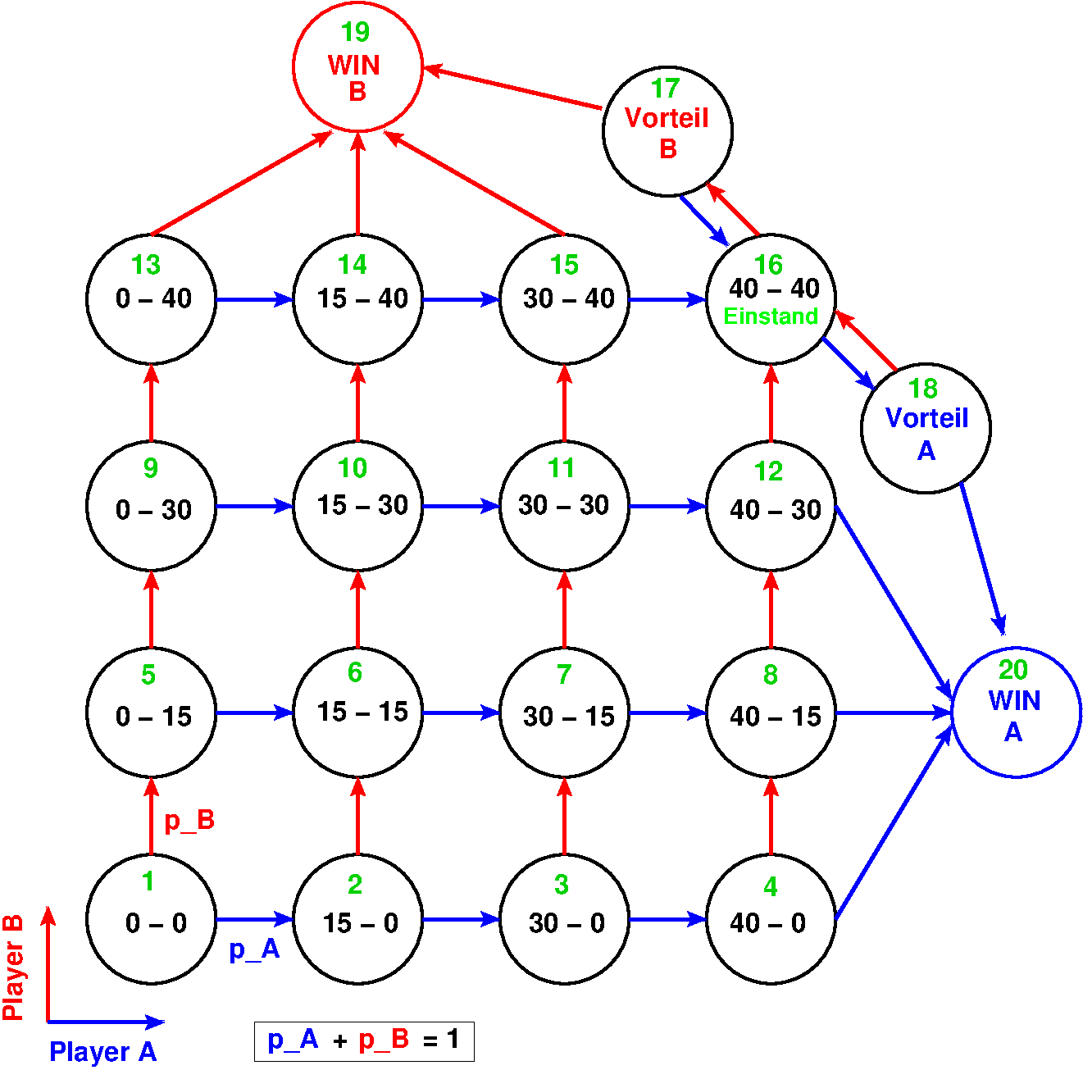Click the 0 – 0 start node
point(152,919)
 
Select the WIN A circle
point(1016,713)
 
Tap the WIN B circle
point(357,66)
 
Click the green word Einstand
point(771,316)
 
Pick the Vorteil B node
point(667,131)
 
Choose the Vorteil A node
point(926,428)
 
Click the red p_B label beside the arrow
point(189,821)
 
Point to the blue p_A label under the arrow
point(254,949)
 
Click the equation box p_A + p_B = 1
point(364,1041)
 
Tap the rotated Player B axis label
point(13,968)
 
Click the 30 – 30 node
point(564,506)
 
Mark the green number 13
point(146,265)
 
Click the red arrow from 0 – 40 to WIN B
point(240,184)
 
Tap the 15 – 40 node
point(358,299)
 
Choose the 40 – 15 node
point(771,713)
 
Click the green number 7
point(564,674)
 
